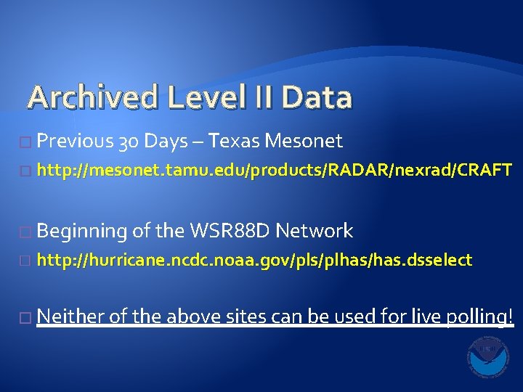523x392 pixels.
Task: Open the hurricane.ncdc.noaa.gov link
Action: click(x=254, y=259)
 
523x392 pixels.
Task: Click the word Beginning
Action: click(x=81, y=232)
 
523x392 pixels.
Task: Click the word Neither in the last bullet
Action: click(x=70, y=316)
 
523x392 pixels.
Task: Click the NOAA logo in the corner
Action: click(x=488, y=356)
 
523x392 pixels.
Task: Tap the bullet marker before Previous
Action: click(x=28, y=141)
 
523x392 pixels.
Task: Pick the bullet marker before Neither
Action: click(x=28, y=317)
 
